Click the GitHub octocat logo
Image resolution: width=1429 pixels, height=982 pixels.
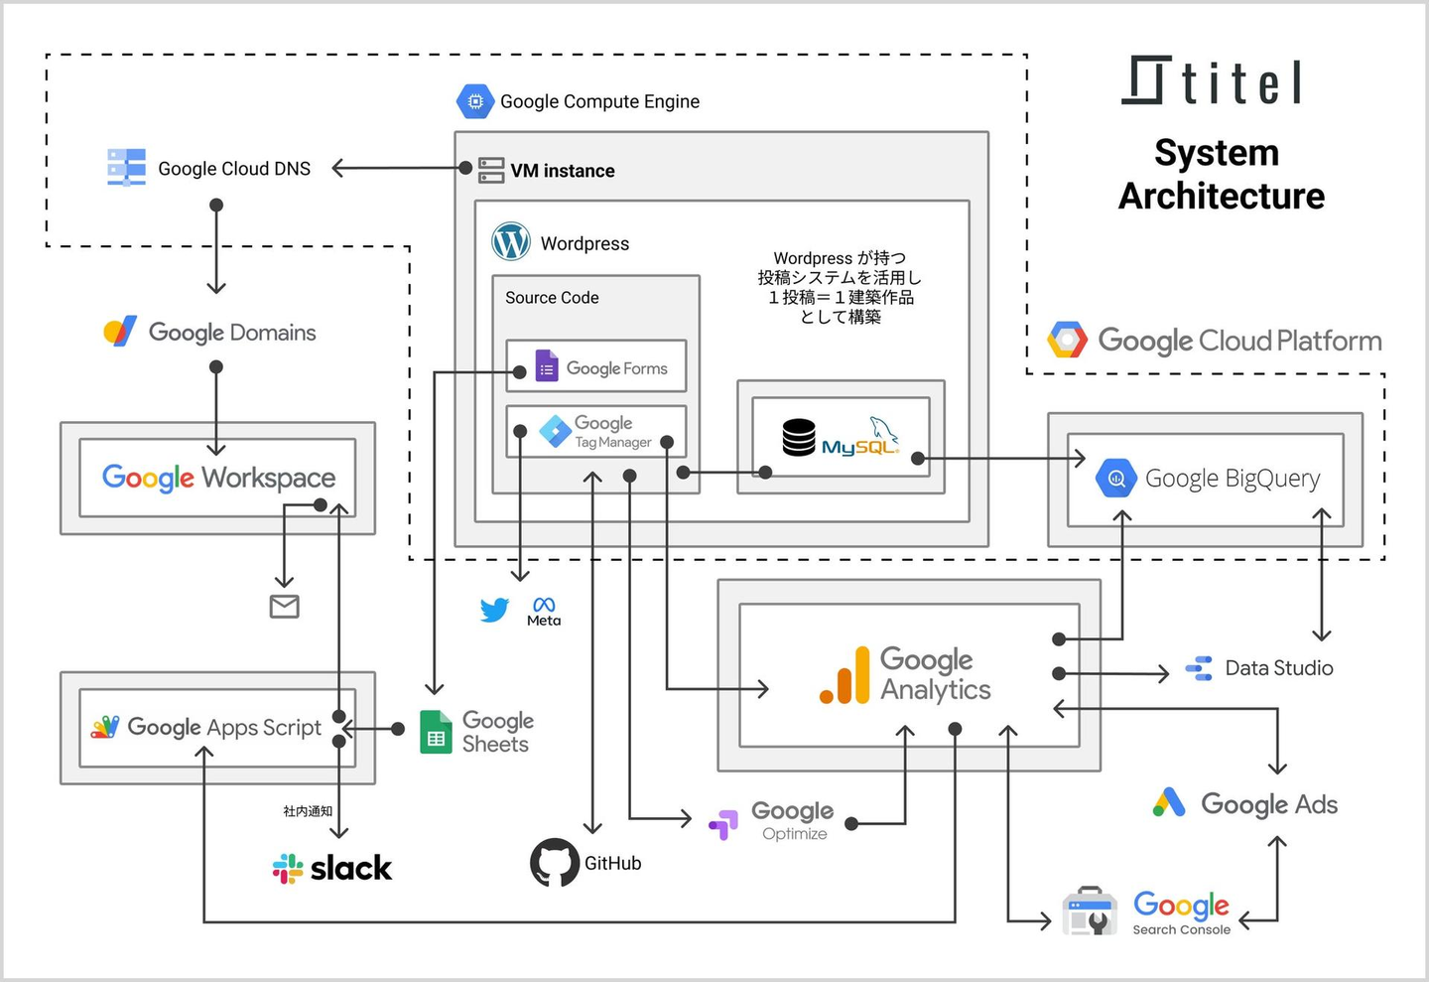[554, 862]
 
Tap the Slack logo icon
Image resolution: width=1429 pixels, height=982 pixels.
[288, 869]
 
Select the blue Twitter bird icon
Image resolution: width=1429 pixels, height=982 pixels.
[494, 609]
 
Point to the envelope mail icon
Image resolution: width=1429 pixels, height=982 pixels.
[285, 606]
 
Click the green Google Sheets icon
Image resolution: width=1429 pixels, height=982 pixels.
[436, 733]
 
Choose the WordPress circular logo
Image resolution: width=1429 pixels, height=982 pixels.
[511, 241]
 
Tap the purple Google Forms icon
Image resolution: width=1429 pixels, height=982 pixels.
[547, 366]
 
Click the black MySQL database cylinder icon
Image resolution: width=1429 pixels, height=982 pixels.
[799, 437]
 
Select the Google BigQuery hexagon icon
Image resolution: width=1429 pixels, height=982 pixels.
[1116, 478]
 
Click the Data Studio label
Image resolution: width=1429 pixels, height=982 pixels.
[1278, 668]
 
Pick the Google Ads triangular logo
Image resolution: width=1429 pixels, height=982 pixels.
[1169, 802]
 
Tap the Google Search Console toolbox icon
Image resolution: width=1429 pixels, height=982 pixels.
[1090, 912]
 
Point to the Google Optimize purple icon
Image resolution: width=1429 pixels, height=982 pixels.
[723, 823]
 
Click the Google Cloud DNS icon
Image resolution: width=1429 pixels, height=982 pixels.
[126, 168]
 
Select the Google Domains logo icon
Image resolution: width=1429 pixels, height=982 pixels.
[120, 331]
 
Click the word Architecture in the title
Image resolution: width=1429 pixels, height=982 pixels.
[1222, 196]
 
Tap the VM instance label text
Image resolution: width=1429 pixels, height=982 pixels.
[563, 171]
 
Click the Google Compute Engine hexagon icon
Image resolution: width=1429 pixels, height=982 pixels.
[475, 101]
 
